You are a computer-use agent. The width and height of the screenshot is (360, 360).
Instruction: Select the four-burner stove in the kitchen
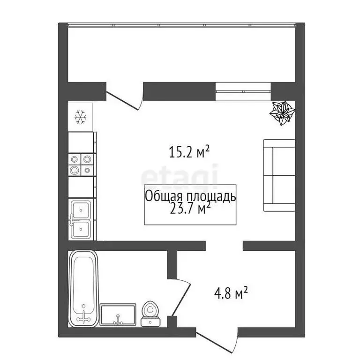81,165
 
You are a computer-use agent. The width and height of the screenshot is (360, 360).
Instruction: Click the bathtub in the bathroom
83,288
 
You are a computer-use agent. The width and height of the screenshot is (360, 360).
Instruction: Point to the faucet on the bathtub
84,318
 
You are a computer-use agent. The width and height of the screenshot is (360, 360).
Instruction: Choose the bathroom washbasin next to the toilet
118,314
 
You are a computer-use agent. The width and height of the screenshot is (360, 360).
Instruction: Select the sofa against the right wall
279,175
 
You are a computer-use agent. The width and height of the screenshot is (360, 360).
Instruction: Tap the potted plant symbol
283,113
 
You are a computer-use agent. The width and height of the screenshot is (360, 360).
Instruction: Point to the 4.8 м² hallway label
231,294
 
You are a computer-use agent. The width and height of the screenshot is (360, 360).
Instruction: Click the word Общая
161,196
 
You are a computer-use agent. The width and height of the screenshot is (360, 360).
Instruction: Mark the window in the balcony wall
244,91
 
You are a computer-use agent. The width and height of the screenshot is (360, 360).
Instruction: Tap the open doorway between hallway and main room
225,245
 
